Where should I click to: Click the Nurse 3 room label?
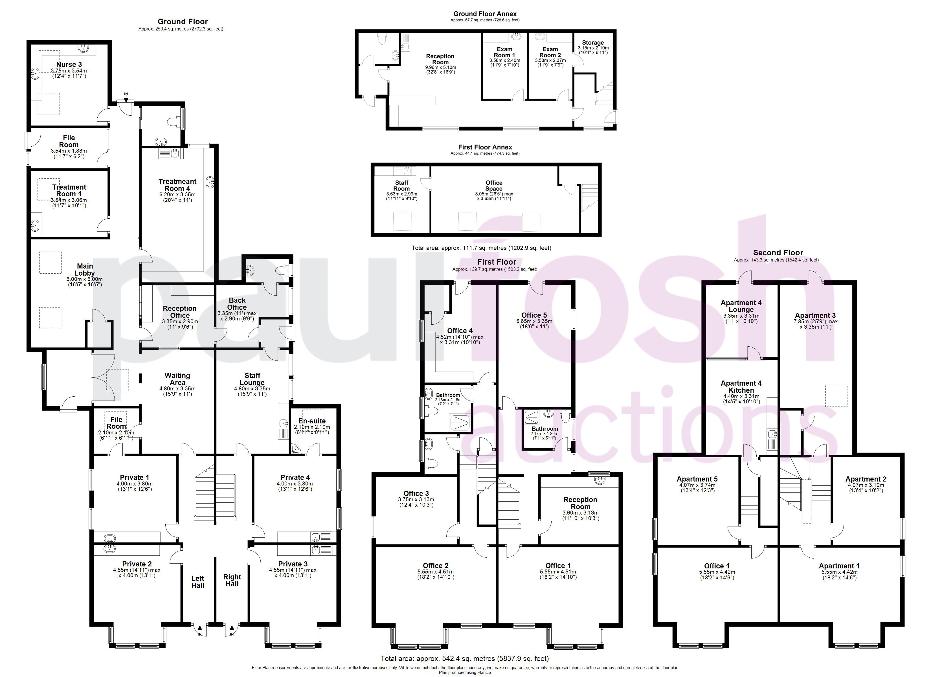point(69,65)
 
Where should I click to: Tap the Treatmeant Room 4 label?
point(177,185)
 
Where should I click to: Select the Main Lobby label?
point(85,270)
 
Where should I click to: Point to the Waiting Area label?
point(177,379)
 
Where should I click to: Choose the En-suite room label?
point(312,421)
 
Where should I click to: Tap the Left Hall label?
point(197,582)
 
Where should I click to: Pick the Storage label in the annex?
point(593,43)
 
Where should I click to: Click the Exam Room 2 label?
point(550,52)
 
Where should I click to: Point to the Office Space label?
point(494,186)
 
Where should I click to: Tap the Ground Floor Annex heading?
point(485,14)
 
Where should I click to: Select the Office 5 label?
point(534,315)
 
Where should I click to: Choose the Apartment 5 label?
point(697,479)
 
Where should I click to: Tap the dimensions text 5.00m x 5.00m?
point(85,279)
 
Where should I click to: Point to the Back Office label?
point(237,304)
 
